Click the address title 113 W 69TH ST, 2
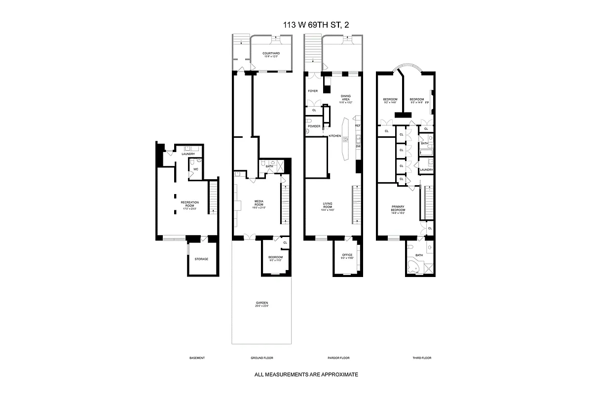click(x=306, y=24)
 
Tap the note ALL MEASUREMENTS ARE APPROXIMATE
click(x=306, y=375)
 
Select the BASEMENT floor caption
click(x=197, y=358)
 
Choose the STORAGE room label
click(x=201, y=259)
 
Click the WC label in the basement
click(x=195, y=169)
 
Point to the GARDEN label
click(x=262, y=303)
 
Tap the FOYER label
click(x=313, y=91)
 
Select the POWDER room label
click(x=314, y=126)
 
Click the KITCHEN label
click(x=335, y=136)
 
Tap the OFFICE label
click(x=347, y=255)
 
